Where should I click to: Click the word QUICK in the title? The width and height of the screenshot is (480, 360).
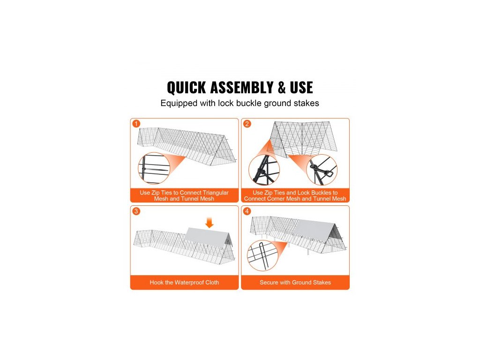click(186, 88)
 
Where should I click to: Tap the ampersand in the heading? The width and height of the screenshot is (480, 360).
click(282, 88)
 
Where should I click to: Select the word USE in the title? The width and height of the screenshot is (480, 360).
click(301, 88)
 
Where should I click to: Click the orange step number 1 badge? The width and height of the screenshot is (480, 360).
click(136, 124)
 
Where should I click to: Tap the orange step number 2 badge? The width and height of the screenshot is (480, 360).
click(247, 124)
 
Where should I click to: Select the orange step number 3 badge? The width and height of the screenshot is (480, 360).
click(136, 211)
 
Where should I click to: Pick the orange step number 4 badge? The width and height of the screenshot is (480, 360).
click(247, 211)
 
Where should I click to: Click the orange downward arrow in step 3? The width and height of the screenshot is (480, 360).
click(210, 223)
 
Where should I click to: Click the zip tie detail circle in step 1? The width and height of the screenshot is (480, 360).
click(154, 168)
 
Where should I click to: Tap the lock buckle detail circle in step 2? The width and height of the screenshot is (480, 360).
click(322, 170)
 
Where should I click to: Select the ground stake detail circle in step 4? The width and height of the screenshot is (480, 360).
click(263, 255)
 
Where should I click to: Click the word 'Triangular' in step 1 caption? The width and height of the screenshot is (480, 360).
click(216, 193)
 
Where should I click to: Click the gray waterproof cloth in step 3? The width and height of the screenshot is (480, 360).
click(207, 239)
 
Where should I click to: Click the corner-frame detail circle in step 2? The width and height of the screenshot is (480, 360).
click(264, 170)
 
